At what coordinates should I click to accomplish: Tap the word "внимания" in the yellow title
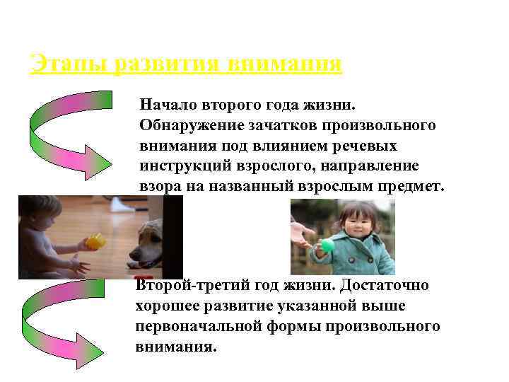click(286, 64)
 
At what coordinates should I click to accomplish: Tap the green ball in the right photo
click(327, 245)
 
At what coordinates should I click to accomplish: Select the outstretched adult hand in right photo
click(302, 233)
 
